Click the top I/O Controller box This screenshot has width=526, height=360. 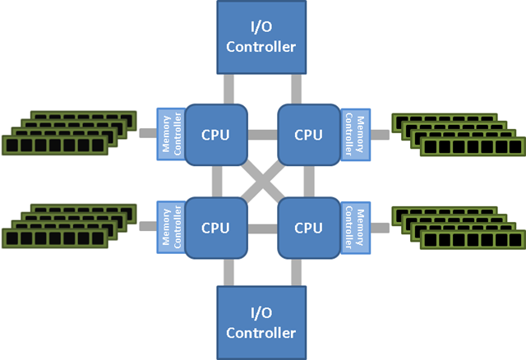(x=262, y=37)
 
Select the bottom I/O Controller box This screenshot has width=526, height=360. (x=262, y=323)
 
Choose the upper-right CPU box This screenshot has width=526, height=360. (x=308, y=133)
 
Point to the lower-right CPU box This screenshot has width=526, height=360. (x=308, y=227)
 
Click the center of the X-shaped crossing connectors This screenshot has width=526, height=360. (x=262, y=180)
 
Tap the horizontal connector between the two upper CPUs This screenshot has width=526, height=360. (x=263, y=133)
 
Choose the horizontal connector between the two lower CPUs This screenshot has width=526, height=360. (x=263, y=227)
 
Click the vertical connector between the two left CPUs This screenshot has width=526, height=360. (x=217, y=180)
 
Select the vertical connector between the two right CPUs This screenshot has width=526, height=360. (x=308, y=180)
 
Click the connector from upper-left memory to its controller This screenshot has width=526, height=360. (x=148, y=132)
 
